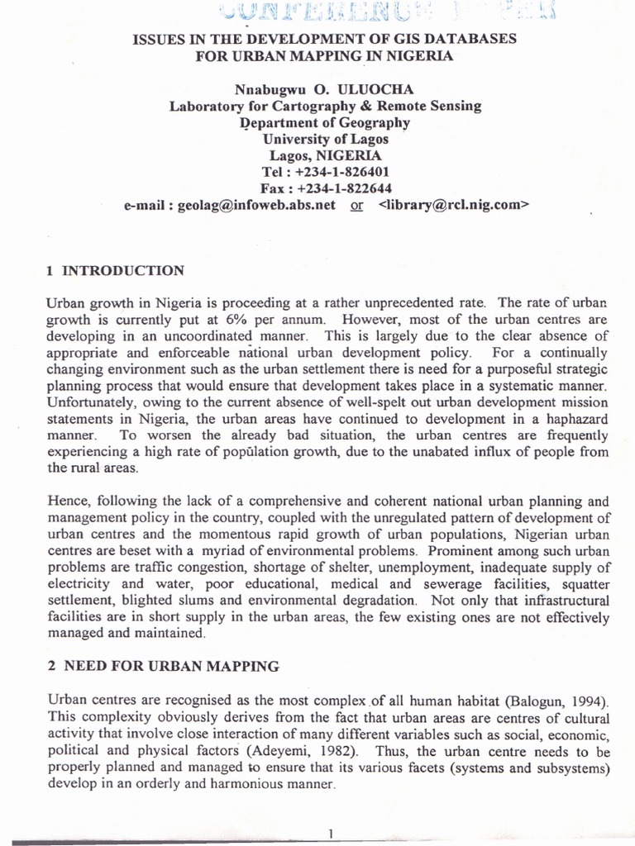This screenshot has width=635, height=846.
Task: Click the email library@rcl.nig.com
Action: [x=452, y=205]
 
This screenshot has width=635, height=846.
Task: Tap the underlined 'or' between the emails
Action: [x=357, y=206]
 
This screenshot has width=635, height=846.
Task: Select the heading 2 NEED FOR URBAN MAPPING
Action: [x=163, y=666]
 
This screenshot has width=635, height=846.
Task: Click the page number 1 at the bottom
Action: [x=330, y=834]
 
